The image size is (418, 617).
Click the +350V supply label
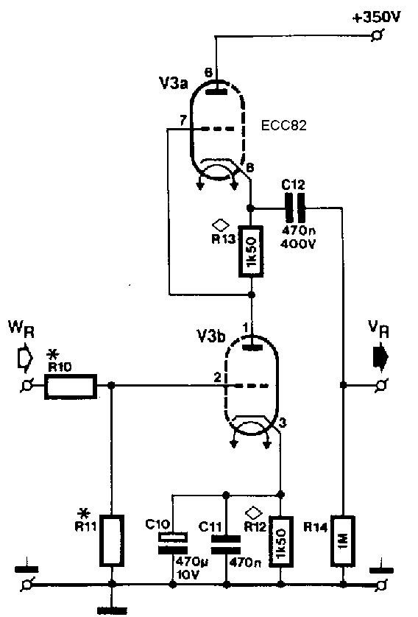pyautogui.click(x=377, y=18)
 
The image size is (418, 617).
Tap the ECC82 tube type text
pyautogui.click(x=283, y=125)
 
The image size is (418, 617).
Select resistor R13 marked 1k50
pyautogui.click(x=252, y=251)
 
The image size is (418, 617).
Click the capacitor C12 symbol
pyautogui.click(x=296, y=208)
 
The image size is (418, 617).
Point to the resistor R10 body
pyautogui.click(x=71, y=387)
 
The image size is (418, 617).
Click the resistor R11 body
pyautogui.click(x=113, y=540)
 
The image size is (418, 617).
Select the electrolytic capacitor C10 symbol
pyautogui.click(x=173, y=543)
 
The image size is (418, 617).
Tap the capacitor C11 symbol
pyautogui.click(x=226, y=545)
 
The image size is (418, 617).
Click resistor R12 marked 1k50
pyautogui.click(x=281, y=541)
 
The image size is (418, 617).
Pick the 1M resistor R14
pyautogui.click(x=343, y=540)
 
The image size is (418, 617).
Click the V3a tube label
pyautogui.click(x=174, y=84)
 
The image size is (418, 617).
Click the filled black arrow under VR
pyautogui.click(x=380, y=357)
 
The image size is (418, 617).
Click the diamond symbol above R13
pyautogui.click(x=221, y=225)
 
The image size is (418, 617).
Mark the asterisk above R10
pyautogui.click(x=51, y=354)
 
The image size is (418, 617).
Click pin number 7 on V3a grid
pyautogui.click(x=183, y=121)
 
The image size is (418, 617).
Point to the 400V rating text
pyautogui.click(x=297, y=244)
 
